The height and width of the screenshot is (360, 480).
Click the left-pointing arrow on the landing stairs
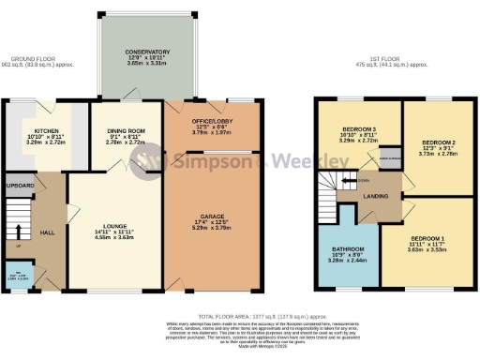coord(348,180)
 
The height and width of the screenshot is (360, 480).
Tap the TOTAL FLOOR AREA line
coord(240,318)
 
